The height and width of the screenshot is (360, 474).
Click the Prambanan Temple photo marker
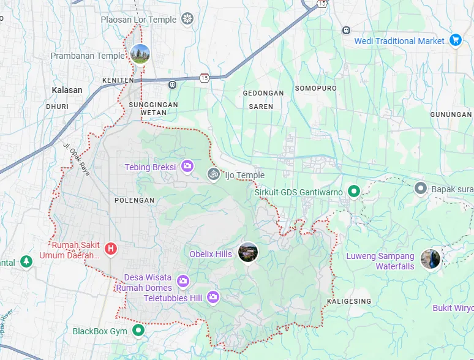point(140,54)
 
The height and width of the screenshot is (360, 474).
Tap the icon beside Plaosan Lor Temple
point(187,20)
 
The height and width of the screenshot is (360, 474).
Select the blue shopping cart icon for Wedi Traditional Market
point(455,40)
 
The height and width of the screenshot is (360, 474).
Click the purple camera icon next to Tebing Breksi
point(187,167)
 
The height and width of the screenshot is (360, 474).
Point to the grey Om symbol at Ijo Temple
point(213,174)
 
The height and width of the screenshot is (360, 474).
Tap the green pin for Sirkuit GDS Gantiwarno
point(353,192)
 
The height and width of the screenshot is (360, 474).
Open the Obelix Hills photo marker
point(247,252)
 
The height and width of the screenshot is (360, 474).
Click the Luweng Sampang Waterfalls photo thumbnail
point(431,259)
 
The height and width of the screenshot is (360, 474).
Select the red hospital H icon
point(111,249)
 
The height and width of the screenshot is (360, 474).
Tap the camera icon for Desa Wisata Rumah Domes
point(182,282)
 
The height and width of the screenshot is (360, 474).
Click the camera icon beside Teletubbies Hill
point(213,298)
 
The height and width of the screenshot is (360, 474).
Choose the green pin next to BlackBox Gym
point(138,331)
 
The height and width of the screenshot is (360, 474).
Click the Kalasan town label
point(67,90)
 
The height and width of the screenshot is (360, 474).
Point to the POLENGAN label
point(134,200)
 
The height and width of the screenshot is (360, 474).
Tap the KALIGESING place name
point(348,302)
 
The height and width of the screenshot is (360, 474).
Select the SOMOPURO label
point(316,88)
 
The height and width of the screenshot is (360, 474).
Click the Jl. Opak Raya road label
point(77,160)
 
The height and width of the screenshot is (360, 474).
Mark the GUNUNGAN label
point(451,114)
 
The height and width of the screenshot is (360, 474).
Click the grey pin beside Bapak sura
point(420,188)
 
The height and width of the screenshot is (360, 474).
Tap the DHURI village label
point(57,107)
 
